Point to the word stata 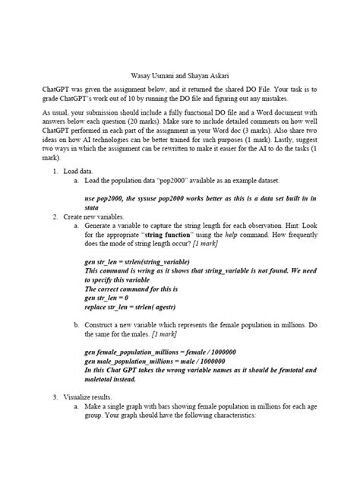pos(93,207)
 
